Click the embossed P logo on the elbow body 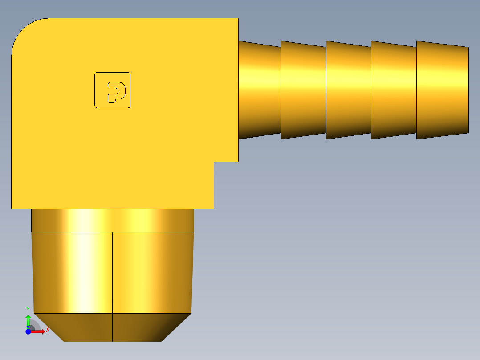click(x=113, y=90)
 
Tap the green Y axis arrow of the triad click(x=28, y=320)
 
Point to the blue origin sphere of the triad click(x=28, y=331)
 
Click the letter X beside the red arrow click(x=47, y=330)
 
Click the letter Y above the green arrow click(x=28, y=309)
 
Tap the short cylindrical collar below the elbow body click(x=113, y=220)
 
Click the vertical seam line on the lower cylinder click(x=112, y=272)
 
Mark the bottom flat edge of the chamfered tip click(x=113, y=342)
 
